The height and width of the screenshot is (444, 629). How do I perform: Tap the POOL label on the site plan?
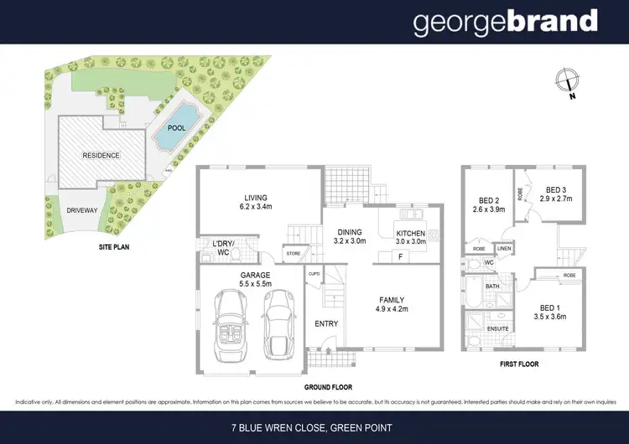coord(176,129)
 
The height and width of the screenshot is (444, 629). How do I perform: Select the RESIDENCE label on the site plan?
coord(101,156)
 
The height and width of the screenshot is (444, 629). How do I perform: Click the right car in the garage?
coord(277,323)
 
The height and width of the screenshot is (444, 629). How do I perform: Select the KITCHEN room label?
coord(410,233)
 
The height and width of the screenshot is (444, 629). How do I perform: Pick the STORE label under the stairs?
coord(293,252)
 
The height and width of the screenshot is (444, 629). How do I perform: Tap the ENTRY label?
coord(325,323)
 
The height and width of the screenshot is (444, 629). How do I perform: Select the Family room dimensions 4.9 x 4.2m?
coord(392,310)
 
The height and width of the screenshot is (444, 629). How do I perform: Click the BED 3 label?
coord(558,190)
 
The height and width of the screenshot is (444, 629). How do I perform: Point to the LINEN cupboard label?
coord(504,249)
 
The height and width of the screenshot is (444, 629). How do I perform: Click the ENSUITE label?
coord(499,328)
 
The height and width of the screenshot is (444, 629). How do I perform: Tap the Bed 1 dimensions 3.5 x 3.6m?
coord(552,317)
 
